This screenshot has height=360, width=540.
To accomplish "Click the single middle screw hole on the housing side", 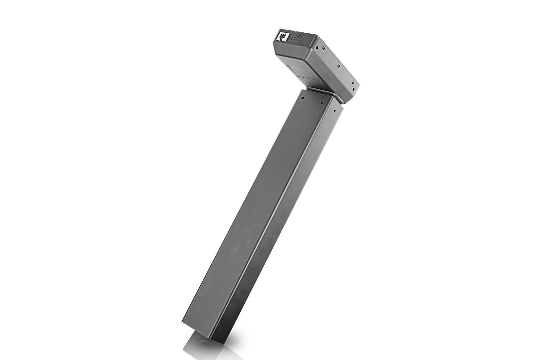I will coord(338,65).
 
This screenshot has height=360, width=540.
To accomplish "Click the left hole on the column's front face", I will coord(303,98).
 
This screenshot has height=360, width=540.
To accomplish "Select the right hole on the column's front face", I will coord(322,102).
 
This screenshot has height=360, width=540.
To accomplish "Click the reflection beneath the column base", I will coord(203,347).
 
